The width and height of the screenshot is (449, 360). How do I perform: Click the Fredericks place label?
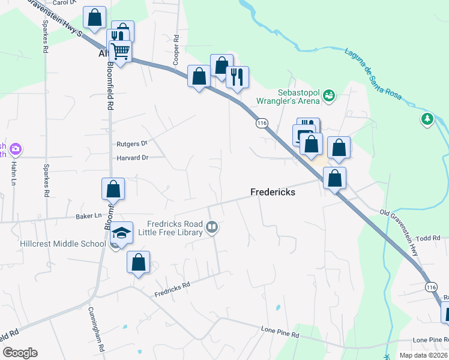[276, 192]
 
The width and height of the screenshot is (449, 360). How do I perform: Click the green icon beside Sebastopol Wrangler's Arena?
[328, 94]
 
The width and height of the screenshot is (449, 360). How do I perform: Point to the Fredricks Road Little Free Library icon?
[211, 227]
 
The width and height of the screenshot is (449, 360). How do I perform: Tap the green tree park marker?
[427, 119]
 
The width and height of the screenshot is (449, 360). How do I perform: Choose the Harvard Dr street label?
[133, 158]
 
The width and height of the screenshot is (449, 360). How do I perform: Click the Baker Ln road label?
[88, 215]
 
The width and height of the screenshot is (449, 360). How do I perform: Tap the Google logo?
[20, 353]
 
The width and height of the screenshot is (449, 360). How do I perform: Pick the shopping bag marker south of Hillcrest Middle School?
[139, 262]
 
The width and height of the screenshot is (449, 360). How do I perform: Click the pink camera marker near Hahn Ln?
[16, 148]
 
